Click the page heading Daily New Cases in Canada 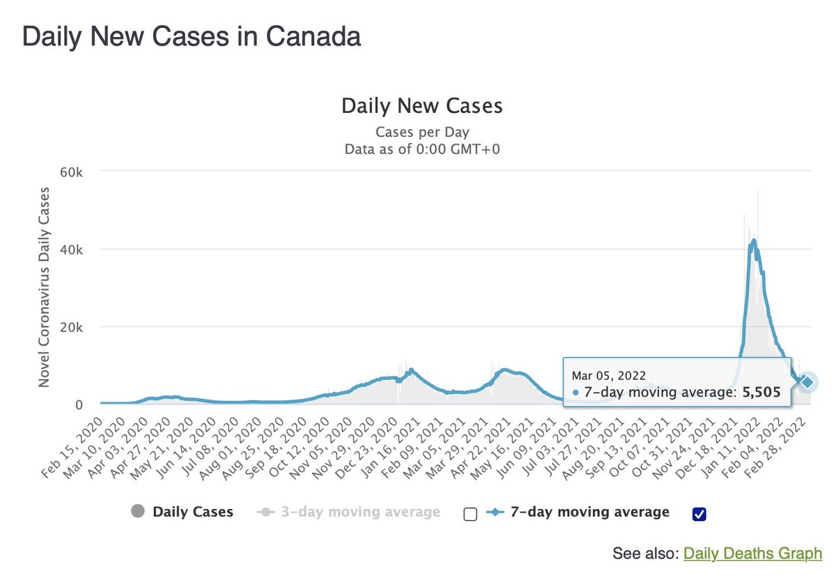pyautogui.click(x=192, y=36)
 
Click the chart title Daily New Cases pyautogui.click(x=421, y=106)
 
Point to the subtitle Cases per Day pyautogui.click(x=422, y=132)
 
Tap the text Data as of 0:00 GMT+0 pyautogui.click(x=422, y=149)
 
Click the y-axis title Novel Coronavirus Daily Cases pyautogui.click(x=45, y=287)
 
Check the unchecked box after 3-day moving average pyautogui.click(x=470, y=514)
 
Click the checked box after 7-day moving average pyautogui.click(x=700, y=514)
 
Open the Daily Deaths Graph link pyautogui.click(x=752, y=554)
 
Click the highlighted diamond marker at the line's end pyautogui.click(x=807, y=381)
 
